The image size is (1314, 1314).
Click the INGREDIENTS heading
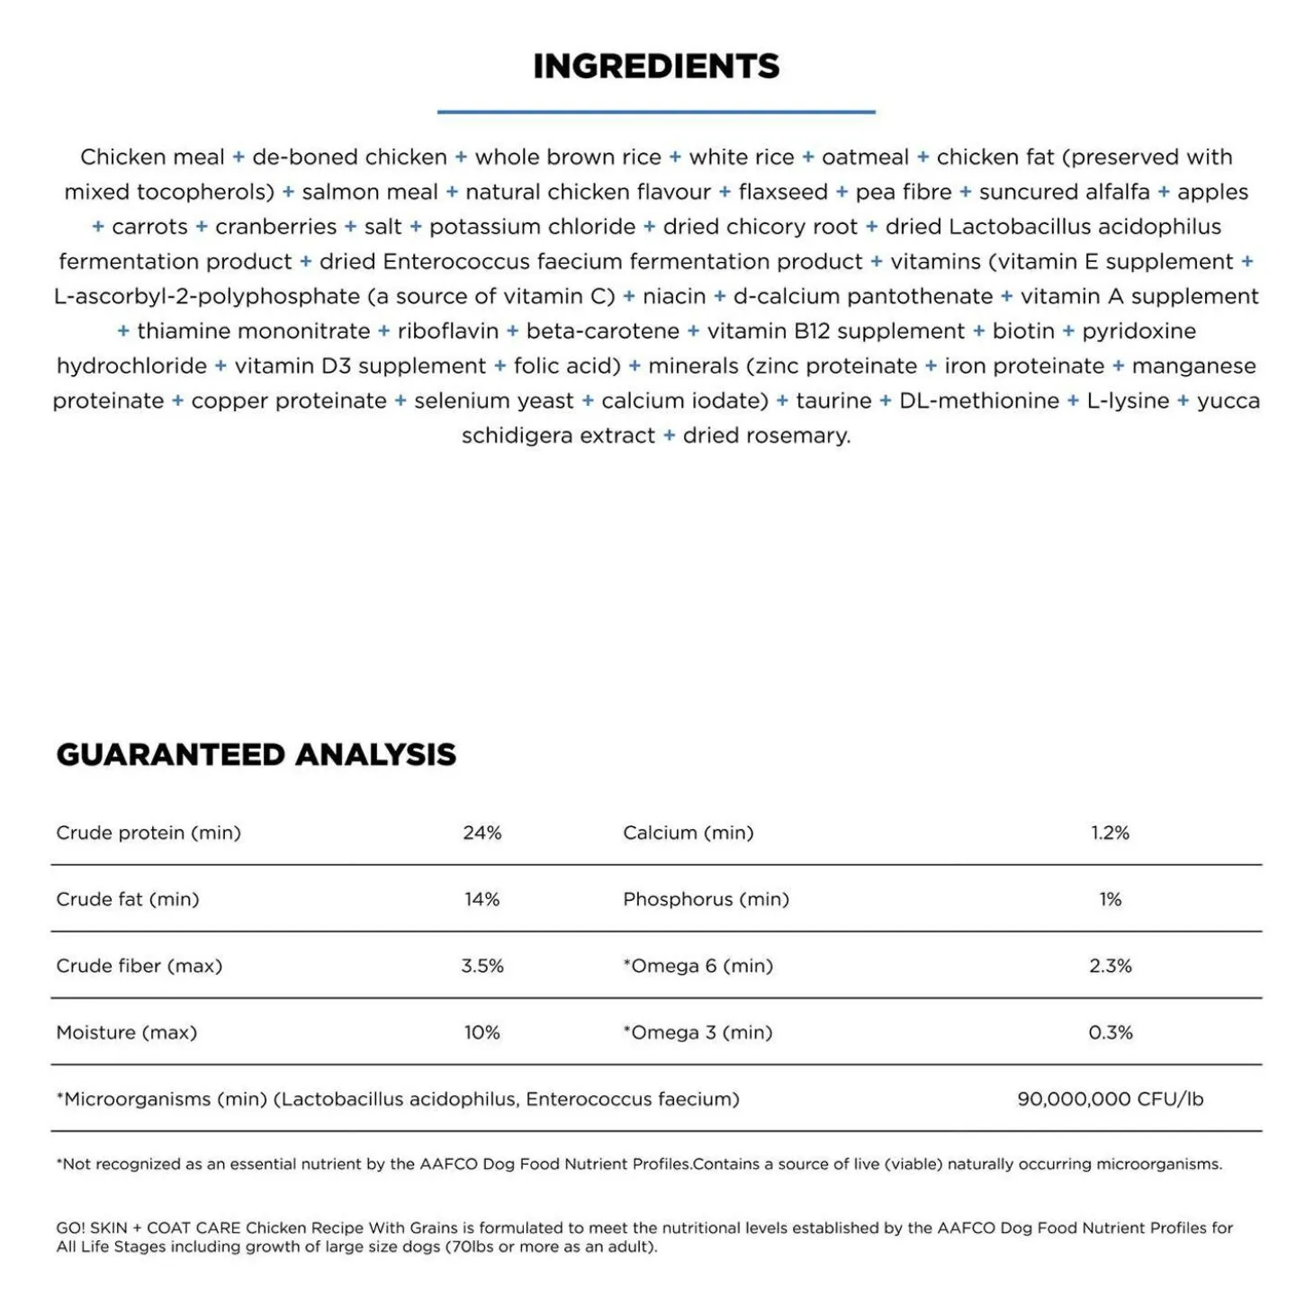[x=656, y=67]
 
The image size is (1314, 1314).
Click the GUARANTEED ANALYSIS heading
[x=256, y=754]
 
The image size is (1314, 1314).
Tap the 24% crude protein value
[x=481, y=832]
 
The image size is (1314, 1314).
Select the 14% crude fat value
[x=481, y=899]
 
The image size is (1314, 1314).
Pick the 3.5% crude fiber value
[x=481, y=966]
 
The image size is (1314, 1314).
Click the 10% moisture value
[x=481, y=1032]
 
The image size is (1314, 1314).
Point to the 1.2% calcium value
[x=1110, y=832]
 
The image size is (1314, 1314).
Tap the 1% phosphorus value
[x=1110, y=899]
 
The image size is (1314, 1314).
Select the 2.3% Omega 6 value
[x=1110, y=966]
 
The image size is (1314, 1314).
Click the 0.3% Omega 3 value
[x=1110, y=1032]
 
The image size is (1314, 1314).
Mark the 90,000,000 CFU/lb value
[x=1110, y=1099]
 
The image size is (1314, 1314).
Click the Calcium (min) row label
[x=688, y=832]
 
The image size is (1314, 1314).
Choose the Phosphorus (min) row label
[x=706, y=899]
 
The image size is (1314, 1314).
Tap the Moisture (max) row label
[x=126, y=1032]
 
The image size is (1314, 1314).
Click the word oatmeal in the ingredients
[x=865, y=157]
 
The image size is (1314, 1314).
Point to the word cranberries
[x=275, y=227]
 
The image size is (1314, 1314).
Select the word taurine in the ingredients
[x=833, y=400]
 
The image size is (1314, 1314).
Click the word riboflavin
[x=448, y=331]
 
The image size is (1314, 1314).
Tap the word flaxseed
[x=783, y=192]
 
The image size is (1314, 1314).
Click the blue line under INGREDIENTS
[x=656, y=112]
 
